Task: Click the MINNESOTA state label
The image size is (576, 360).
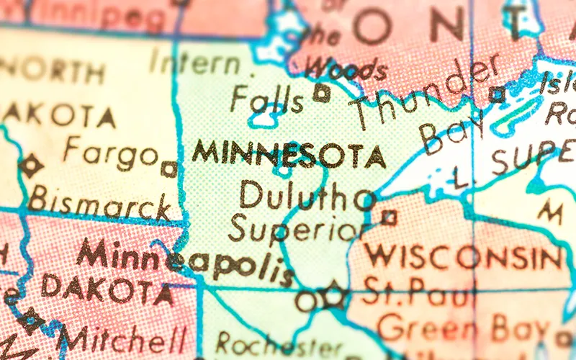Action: (x=288, y=153)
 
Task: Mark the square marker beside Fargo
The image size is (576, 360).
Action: (x=169, y=169)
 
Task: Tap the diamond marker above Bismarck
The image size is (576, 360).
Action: (x=31, y=166)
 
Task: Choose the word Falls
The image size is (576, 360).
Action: (x=267, y=100)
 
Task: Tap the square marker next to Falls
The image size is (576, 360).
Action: (x=322, y=92)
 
